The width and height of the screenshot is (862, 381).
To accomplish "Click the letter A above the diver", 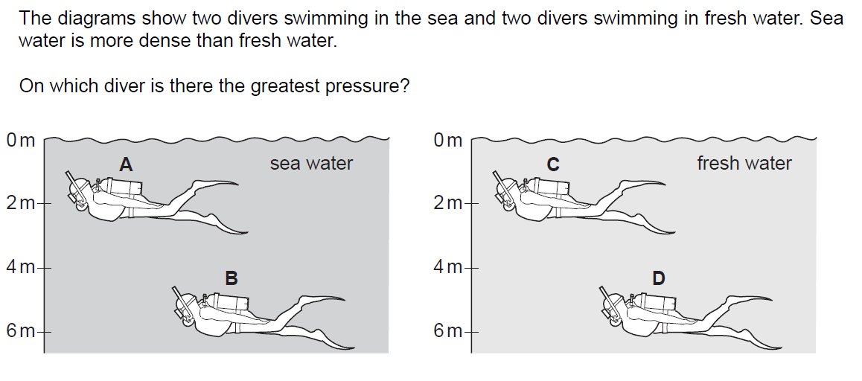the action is point(126,164).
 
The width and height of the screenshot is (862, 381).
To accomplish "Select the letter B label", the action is point(232,278).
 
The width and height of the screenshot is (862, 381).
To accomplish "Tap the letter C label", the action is point(553,164).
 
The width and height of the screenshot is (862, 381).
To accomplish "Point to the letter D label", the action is point(659,278).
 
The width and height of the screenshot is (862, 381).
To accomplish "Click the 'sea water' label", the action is point(311,163).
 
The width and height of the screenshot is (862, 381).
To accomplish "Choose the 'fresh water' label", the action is point(744,163).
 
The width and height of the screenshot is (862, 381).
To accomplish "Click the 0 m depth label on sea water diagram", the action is point(21,141).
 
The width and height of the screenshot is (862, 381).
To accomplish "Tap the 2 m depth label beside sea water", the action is point(21,203).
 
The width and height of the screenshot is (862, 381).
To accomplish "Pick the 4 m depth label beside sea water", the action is point(21,268).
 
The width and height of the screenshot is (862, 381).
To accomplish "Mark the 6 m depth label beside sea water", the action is point(21,332).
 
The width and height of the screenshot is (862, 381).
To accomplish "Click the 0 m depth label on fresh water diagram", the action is point(448,141).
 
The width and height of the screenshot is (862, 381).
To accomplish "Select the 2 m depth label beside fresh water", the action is point(448,203).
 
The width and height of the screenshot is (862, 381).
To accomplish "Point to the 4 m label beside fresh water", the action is point(448,268).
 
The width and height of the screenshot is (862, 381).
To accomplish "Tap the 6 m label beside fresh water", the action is point(448,332).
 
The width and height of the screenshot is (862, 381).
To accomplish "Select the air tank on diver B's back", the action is point(229,302).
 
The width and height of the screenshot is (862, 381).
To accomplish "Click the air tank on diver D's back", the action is point(656,302).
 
